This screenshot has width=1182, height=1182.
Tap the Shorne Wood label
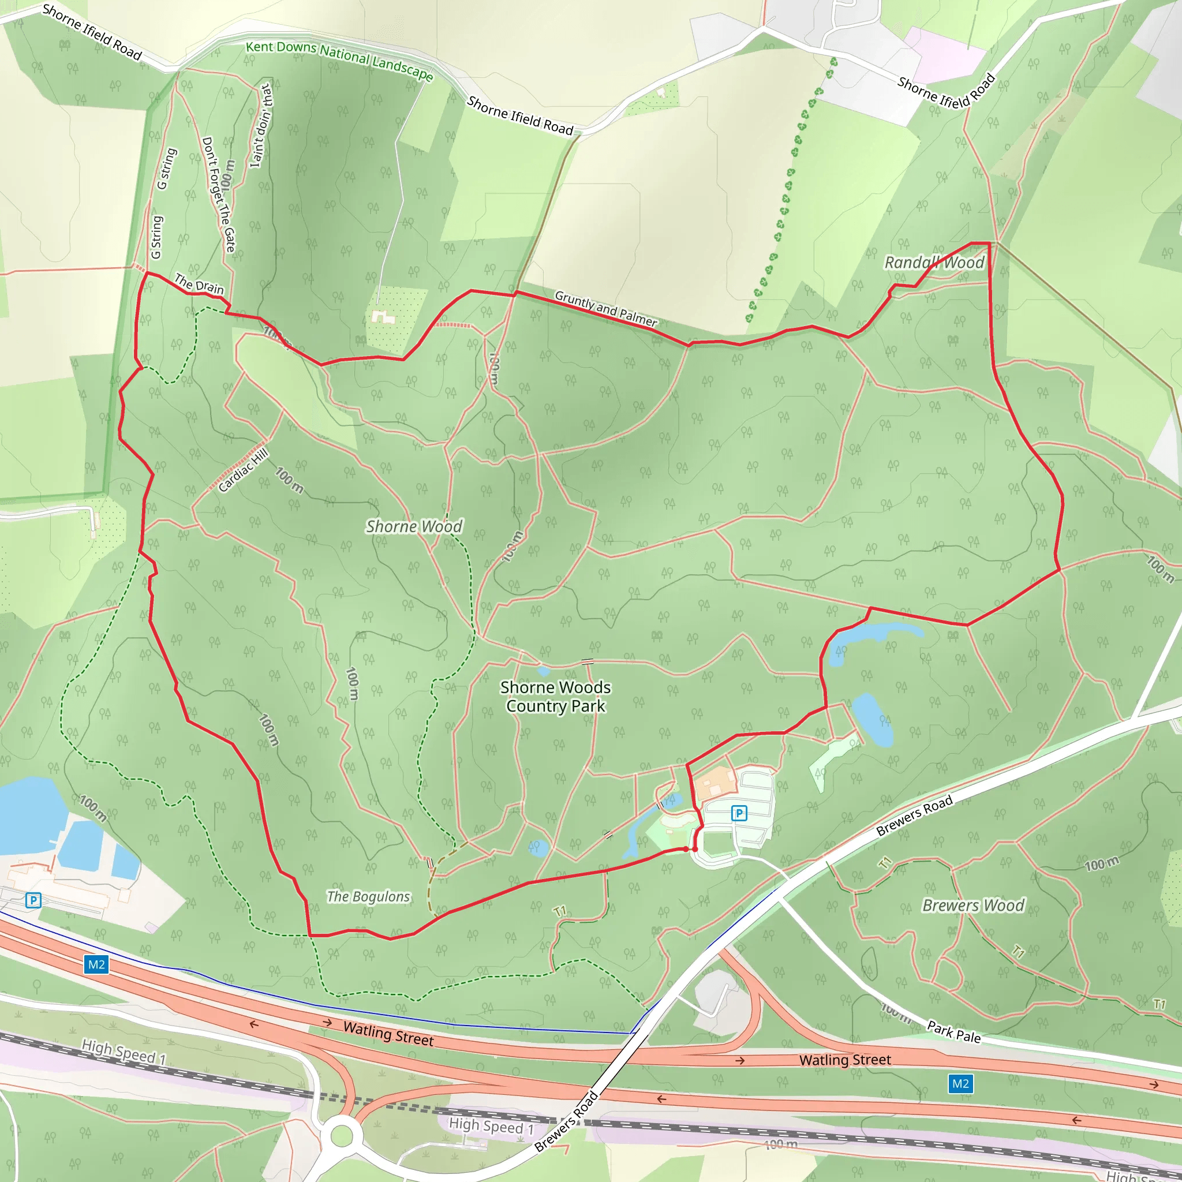(x=414, y=527)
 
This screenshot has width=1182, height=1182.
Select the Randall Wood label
(x=934, y=263)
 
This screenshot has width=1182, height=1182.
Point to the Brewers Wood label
(x=972, y=906)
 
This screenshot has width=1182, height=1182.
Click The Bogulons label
(x=368, y=897)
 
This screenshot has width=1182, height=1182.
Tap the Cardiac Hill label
(x=243, y=470)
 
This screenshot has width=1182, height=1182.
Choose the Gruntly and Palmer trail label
(x=605, y=308)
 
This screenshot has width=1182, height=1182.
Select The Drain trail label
(x=200, y=284)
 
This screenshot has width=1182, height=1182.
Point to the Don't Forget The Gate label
(x=218, y=194)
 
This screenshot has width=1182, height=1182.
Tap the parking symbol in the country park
(x=739, y=813)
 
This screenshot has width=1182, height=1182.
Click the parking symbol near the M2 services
(x=33, y=900)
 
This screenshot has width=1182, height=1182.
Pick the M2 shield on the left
(x=96, y=965)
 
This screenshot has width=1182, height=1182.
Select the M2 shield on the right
(x=960, y=1083)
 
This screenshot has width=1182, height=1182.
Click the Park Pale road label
(x=954, y=1032)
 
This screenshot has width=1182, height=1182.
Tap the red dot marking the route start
(x=694, y=849)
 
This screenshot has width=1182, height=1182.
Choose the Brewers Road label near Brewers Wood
(x=914, y=816)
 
